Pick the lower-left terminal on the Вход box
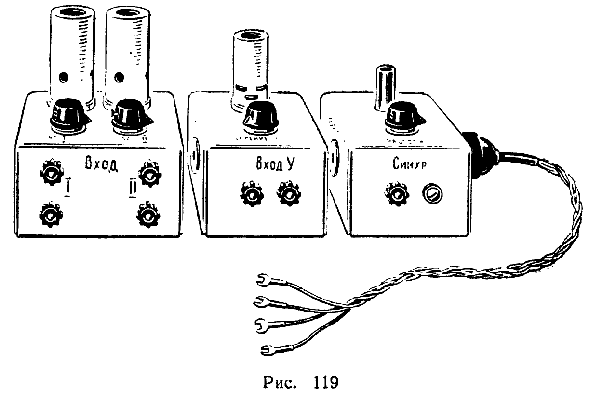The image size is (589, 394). click(x=50, y=216)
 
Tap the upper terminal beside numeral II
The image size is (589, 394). click(x=148, y=174)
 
